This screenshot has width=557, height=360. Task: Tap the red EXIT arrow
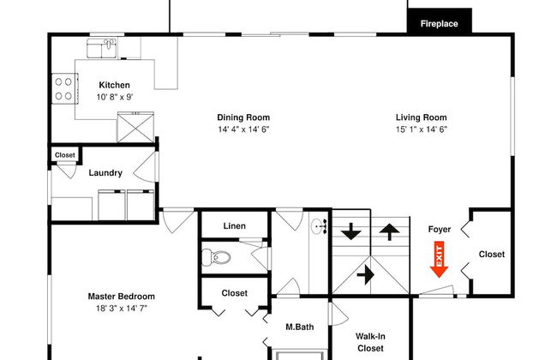pyautogui.click(x=439, y=260)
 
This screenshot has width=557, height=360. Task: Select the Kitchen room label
pyautogui.click(x=114, y=85)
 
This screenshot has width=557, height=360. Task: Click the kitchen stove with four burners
pyautogui.click(x=64, y=88)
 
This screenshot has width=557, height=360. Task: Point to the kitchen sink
pyautogui.click(x=102, y=48)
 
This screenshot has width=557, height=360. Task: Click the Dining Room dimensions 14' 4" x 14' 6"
pyautogui.click(x=243, y=129)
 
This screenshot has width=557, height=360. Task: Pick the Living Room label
pyautogui.click(x=422, y=117)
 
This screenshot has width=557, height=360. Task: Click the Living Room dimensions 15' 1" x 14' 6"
pyautogui.click(x=422, y=129)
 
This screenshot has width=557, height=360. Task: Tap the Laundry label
pyautogui.click(x=105, y=173)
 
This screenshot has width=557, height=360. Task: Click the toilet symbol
pyautogui.click(x=216, y=257)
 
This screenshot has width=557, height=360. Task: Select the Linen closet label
pyautogui.click(x=235, y=226)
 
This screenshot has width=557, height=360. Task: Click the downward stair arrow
pyautogui.click(x=351, y=231)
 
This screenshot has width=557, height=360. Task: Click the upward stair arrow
pyautogui.click(x=389, y=232)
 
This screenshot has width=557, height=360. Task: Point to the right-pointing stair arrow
pyautogui.click(x=366, y=274)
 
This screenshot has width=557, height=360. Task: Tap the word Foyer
pyautogui.click(x=440, y=229)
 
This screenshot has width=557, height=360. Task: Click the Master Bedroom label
pyautogui.click(x=122, y=297)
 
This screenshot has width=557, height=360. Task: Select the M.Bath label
pyautogui.click(x=300, y=327)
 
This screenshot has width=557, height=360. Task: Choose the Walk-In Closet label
pyautogui.click(x=370, y=342)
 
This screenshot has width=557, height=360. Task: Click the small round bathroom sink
pyautogui.click(x=319, y=227)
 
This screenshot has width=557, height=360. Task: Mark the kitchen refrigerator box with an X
pyautogui.click(x=135, y=127)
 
